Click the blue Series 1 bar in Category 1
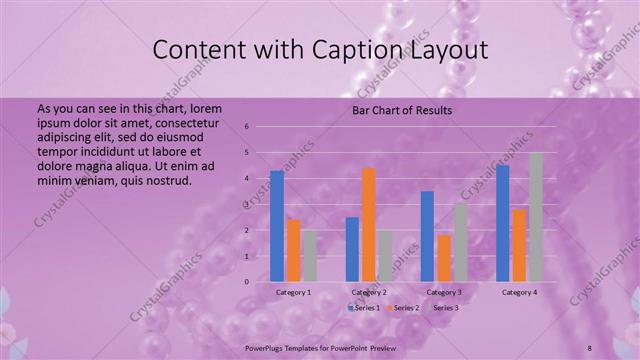coord(277,226)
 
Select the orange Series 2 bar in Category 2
coord(369,225)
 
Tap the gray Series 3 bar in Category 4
coord(536,217)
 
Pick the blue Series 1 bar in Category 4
coord(503,223)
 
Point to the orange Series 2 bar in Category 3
coord(444,258)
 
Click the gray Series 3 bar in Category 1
coord(310,256)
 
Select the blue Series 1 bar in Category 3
coord(427,236)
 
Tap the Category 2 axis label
coord(369,292)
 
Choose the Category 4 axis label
coord(519,292)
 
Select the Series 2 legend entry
coord(403,308)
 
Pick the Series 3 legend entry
coord(443,308)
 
